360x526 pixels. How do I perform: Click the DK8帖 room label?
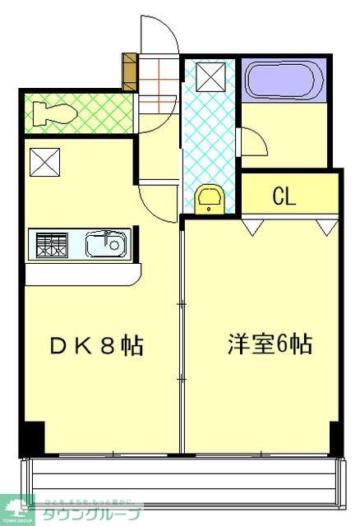pyautogui.click(x=96, y=345)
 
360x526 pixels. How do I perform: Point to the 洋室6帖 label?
pyautogui.click(x=270, y=344)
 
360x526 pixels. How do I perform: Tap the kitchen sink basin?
pyautogui.click(x=105, y=244)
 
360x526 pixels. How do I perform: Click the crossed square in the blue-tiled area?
pyautogui.click(x=209, y=79)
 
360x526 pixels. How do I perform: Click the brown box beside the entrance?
pyautogui.click(x=129, y=72)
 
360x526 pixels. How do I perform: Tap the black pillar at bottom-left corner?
pyautogui.click(x=30, y=437)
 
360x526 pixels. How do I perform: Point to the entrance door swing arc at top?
pyautogui.click(x=156, y=33)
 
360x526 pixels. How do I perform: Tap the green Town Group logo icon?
pyautogui.click(x=16, y=508)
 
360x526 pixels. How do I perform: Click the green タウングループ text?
pyautogui.click(x=90, y=514)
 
